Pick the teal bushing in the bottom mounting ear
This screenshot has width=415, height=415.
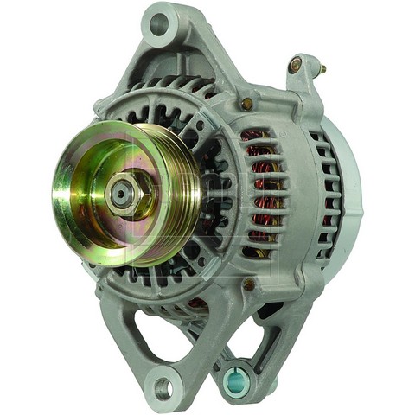(x=236, y=378)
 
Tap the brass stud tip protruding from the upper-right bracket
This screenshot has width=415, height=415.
(x=322, y=68)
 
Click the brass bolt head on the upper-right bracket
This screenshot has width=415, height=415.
(x=296, y=64)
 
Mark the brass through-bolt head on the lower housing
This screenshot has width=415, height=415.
(x=249, y=284)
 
